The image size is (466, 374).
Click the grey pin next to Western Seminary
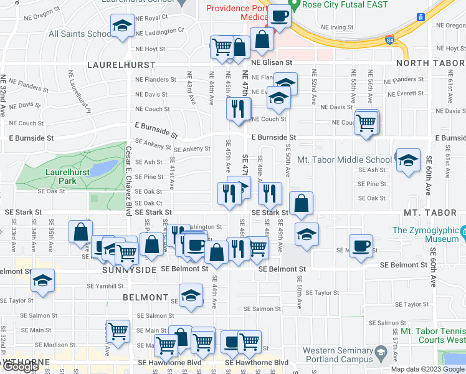coord(381,355)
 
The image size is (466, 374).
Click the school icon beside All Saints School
coord(121,26)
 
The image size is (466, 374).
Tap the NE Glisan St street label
coord(272,63)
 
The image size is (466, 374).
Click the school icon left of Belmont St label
coord(42,280)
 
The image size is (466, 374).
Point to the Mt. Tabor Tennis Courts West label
coord(432,336)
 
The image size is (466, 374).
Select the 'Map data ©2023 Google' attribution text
coord(427,369)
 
